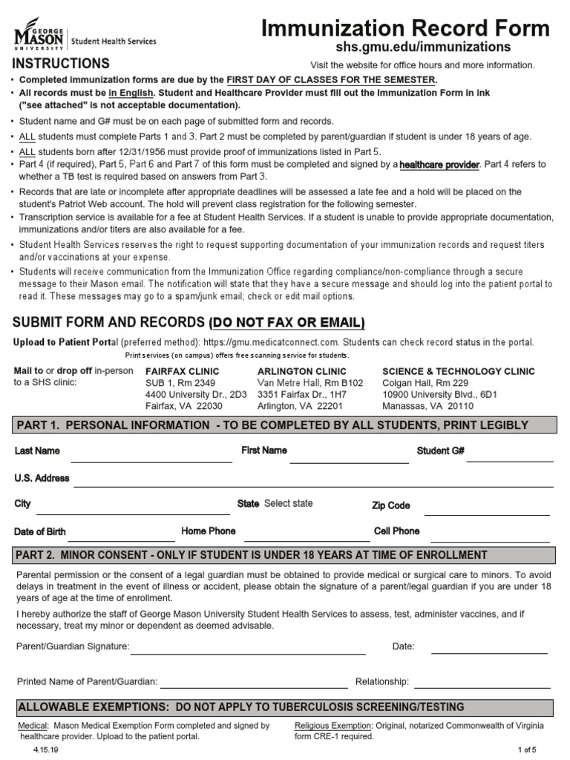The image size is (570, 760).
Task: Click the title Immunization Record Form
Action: tap(407, 28)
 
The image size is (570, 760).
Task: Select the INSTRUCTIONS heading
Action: tap(61, 63)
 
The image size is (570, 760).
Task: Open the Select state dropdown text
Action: tap(288, 503)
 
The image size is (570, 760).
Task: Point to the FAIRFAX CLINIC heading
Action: tap(182, 371)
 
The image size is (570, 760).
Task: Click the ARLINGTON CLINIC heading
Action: tap(301, 371)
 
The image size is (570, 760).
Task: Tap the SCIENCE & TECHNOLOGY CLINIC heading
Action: tap(458, 371)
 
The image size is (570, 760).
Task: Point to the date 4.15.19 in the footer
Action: tap(45, 750)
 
